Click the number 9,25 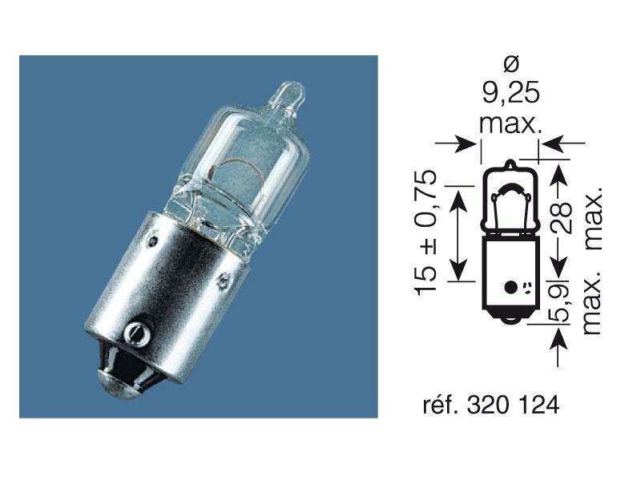point(510,95)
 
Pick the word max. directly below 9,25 point(510,124)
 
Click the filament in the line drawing point(507,194)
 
